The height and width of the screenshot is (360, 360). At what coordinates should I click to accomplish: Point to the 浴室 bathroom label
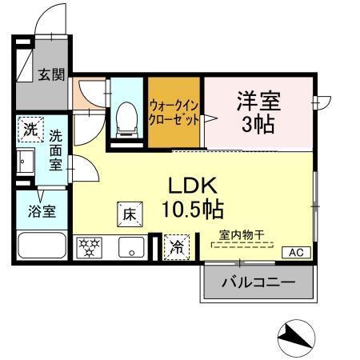pyautogui.click(x=38, y=214)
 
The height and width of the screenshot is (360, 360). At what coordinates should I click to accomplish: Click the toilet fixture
pyautogui.click(x=126, y=118)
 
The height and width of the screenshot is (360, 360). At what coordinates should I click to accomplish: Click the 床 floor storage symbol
pyautogui.click(x=130, y=214)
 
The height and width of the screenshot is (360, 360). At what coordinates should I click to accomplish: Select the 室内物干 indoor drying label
pyautogui.click(x=242, y=235)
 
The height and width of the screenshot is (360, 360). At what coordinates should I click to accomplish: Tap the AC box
pyautogui.click(x=296, y=253)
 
